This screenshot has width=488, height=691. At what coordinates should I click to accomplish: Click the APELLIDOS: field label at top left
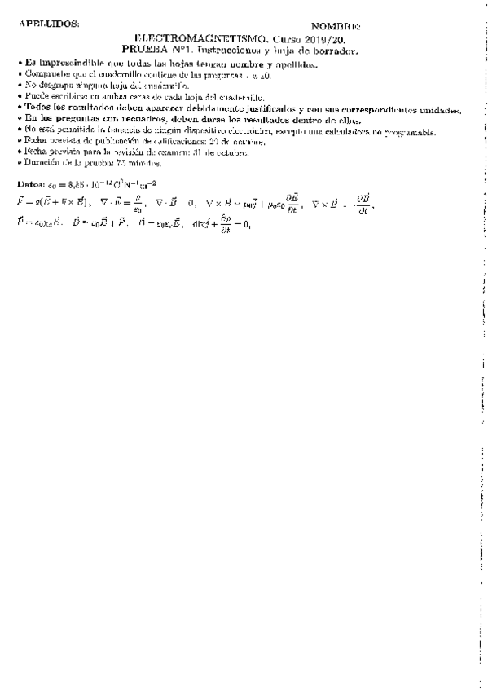(x=49, y=24)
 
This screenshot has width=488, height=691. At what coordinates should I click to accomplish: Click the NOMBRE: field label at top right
(x=336, y=27)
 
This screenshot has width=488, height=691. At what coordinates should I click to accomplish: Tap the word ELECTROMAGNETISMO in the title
(x=200, y=38)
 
